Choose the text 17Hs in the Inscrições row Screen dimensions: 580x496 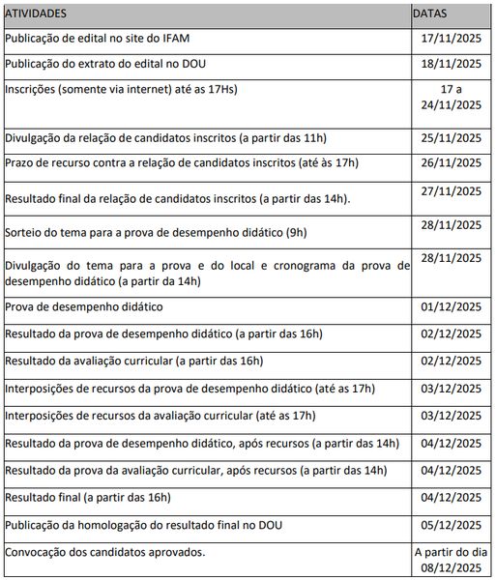pyautogui.click(x=219, y=90)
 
